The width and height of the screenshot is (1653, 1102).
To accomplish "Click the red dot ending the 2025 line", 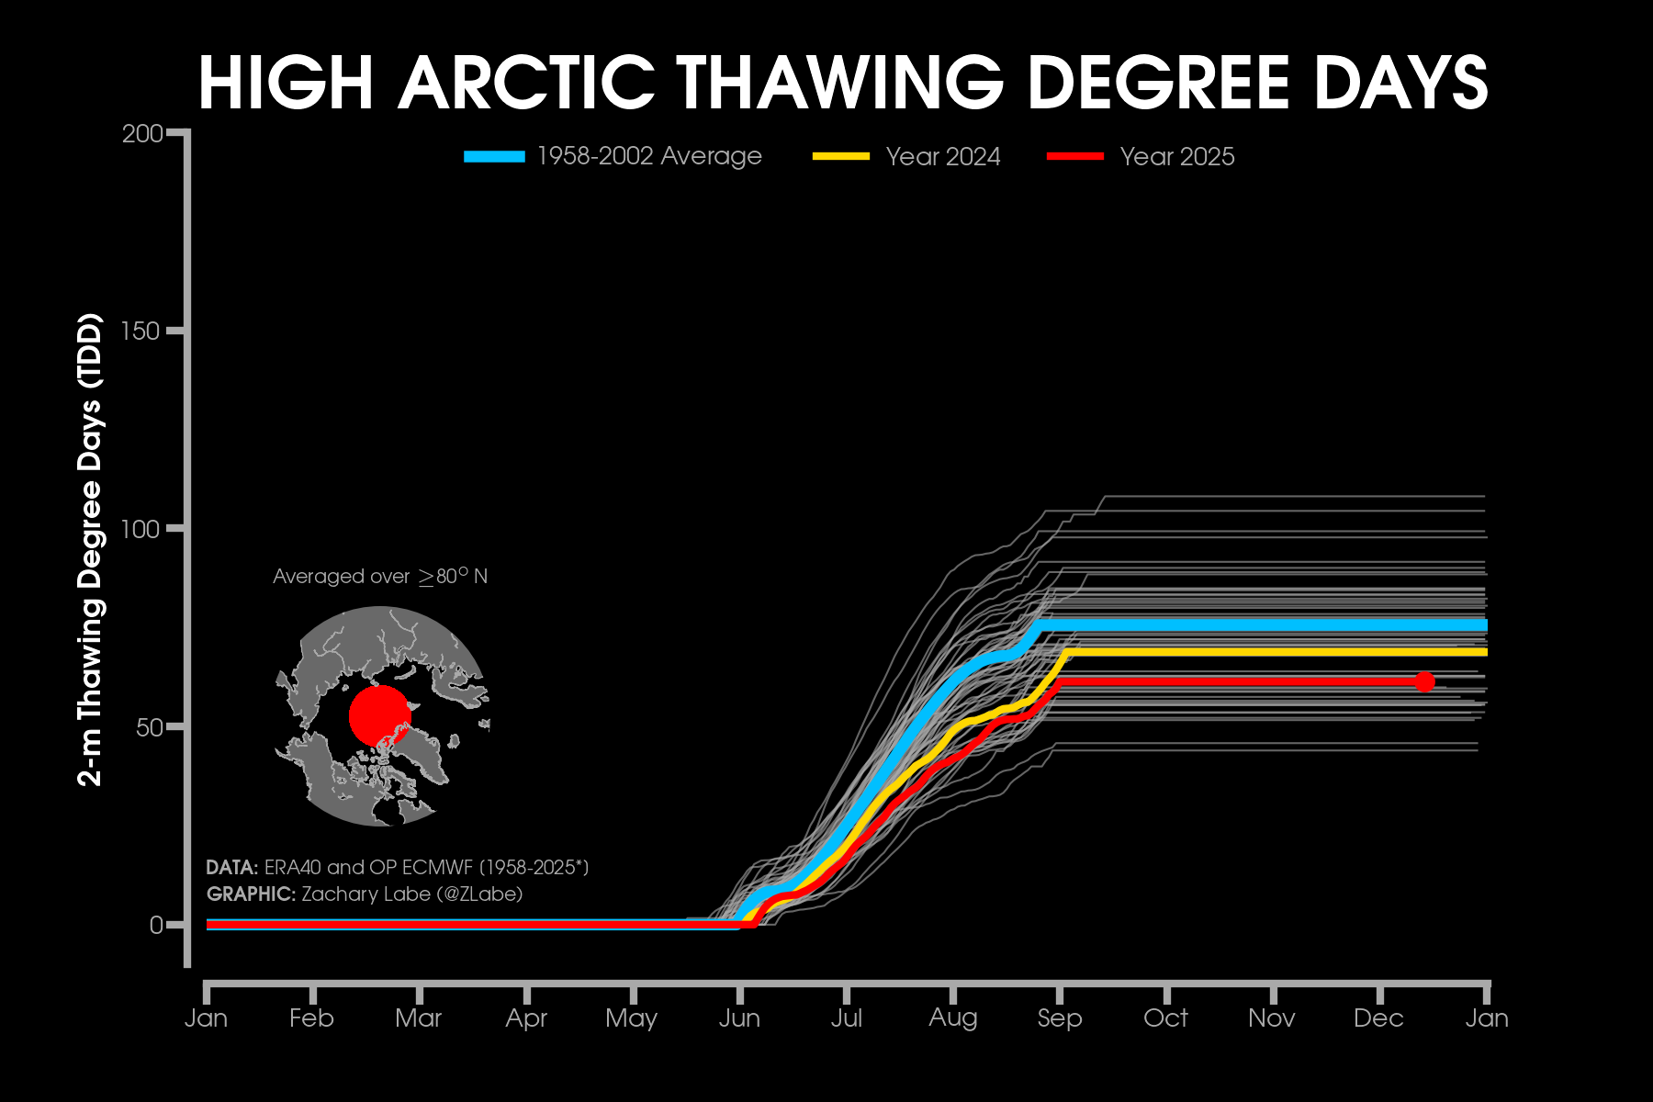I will [1424, 681].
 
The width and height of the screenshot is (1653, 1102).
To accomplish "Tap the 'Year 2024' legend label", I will [942, 157].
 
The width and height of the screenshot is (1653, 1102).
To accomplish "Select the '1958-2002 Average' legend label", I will [648, 157].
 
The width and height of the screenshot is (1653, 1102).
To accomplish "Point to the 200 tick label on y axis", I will [141, 134].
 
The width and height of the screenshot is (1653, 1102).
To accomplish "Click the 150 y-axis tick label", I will [141, 332].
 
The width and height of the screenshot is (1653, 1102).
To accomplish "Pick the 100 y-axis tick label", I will [141, 529].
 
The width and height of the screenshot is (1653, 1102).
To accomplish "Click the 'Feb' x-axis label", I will [311, 1018].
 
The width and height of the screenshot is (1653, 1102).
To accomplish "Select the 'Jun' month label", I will [739, 1018].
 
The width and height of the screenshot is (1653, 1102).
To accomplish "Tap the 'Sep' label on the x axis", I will [1060, 1018].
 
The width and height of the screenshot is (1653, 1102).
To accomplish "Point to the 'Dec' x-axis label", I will [1378, 1018].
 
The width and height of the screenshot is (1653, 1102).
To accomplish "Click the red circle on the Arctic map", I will [379, 715].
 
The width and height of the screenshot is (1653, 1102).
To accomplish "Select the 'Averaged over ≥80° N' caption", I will [380, 577].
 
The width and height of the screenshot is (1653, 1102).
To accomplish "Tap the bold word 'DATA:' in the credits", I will [231, 868].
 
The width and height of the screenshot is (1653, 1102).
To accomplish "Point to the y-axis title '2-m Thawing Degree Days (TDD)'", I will [90, 550].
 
